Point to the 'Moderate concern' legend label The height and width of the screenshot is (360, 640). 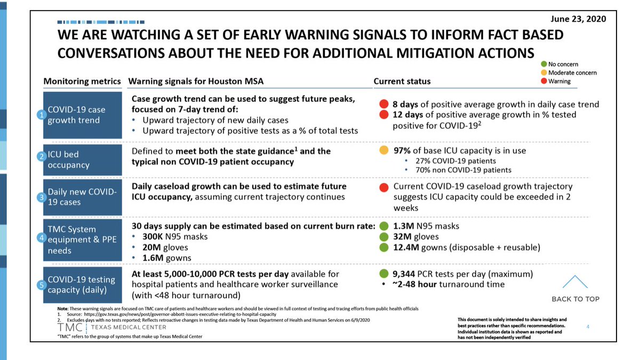572,73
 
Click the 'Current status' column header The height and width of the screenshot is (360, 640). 402,82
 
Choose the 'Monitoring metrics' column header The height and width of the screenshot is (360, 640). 82,82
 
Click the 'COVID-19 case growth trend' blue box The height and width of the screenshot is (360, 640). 82,115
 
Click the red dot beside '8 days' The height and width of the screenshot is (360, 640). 383,105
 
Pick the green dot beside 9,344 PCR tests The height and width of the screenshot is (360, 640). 383,274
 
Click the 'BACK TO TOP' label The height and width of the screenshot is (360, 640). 575,299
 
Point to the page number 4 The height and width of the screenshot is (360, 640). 587,326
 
